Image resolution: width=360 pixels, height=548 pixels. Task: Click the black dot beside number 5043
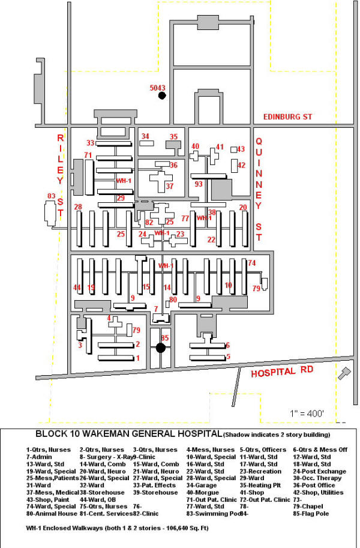coord(161,96)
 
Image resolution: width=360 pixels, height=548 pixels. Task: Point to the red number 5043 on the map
coord(157,88)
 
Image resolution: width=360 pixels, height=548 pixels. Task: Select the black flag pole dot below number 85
coord(161,348)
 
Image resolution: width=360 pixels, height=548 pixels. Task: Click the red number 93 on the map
coord(198,184)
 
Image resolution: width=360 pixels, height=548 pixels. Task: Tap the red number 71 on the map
coord(88,155)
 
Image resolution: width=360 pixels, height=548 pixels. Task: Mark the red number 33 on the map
coord(90,143)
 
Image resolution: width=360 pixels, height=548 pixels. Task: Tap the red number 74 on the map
coord(252,263)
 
